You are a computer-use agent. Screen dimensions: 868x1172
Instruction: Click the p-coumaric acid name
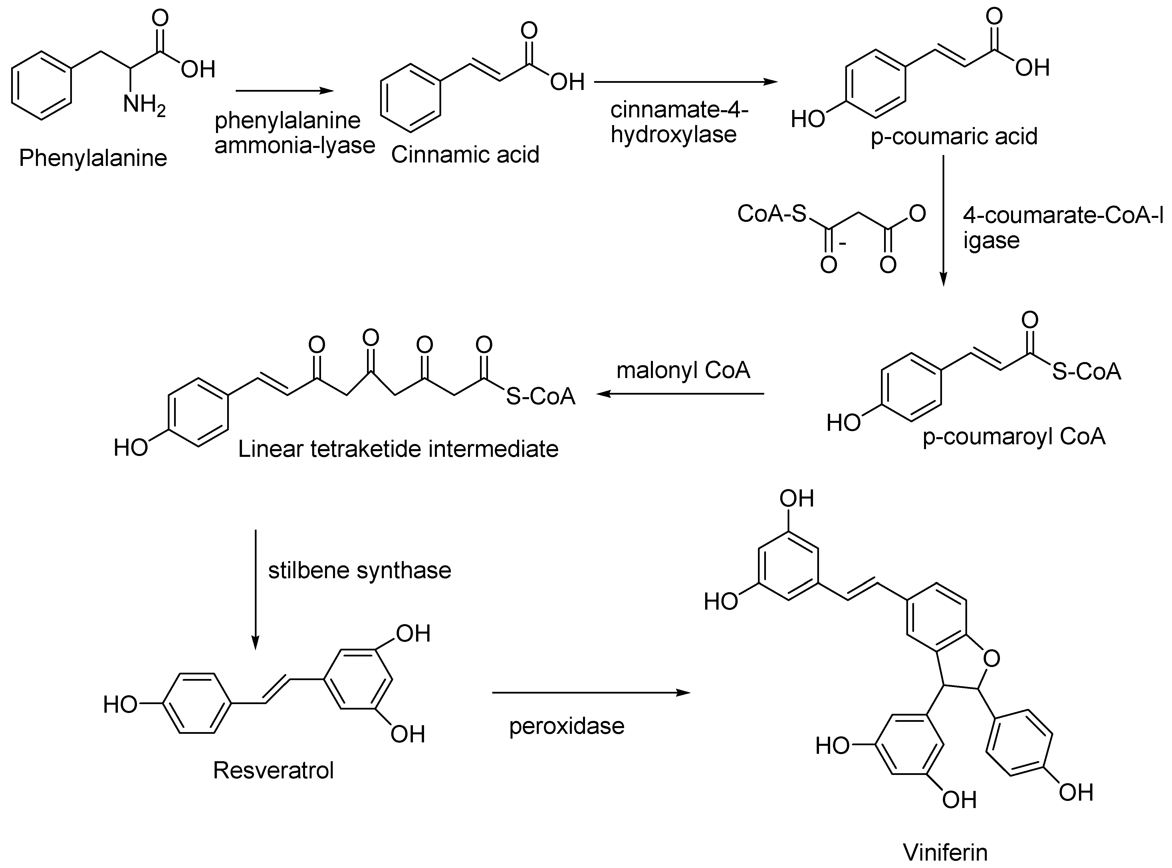coord(954,136)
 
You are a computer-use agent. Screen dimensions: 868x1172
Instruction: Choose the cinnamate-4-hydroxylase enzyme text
coord(679,122)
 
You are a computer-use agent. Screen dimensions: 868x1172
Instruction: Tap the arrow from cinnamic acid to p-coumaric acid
coord(685,82)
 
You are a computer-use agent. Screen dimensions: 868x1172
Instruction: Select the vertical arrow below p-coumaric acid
coord(943,221)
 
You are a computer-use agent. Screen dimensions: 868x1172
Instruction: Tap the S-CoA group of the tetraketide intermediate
coord(540,397)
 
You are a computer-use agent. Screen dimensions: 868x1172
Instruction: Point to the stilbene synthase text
coord(360,570)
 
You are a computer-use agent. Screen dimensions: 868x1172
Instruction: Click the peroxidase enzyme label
coord(566,726)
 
